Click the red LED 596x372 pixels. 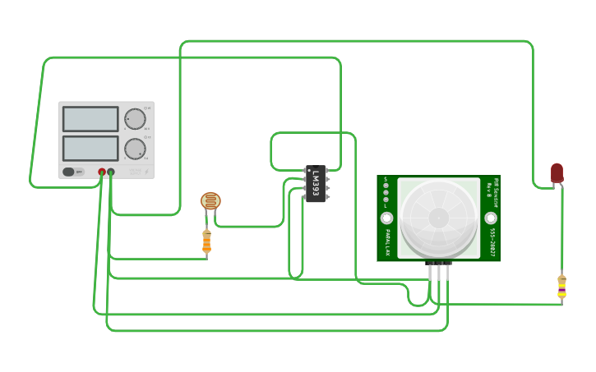pos(557,172)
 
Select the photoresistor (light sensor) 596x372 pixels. pos(210,201)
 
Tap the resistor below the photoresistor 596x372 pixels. pos(206,241)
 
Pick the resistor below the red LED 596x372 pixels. pos(561,286)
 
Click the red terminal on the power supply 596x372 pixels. pos(102,172)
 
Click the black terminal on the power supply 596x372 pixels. pos(111,172)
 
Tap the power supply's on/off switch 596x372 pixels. pos(73,172)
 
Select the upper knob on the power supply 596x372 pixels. pos(135,119)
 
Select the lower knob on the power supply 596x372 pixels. pos(135,149)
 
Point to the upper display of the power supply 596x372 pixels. pos(90,119)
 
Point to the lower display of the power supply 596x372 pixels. pos(90,149)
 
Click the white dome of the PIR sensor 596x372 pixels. pos(438,217)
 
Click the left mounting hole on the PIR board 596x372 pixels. pos(386,218)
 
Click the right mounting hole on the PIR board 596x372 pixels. pos(491,218)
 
